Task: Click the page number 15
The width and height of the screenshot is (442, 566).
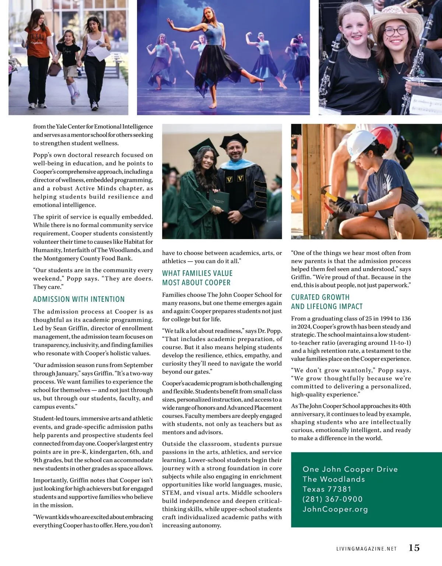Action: [414, 548]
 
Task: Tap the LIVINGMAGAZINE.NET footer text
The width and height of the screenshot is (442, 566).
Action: [366, 549]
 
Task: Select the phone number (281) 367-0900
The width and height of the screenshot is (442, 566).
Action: [333, 499]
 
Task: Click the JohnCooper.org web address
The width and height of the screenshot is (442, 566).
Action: [335, 509]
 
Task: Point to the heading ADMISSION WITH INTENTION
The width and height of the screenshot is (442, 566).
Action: [79, 299]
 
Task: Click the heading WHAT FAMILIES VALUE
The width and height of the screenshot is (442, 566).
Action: [197, 273]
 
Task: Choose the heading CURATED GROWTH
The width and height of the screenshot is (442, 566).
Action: [320, 297]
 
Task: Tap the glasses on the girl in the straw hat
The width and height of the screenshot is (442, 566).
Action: [395, 31]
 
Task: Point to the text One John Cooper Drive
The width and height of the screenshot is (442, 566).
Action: [350, 469]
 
